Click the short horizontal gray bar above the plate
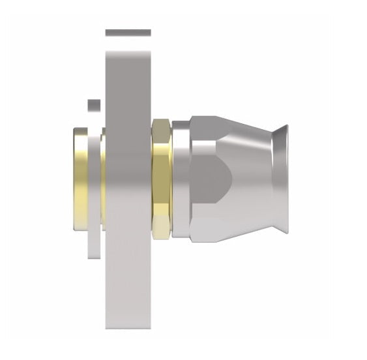click(x=128, y=33)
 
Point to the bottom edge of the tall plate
click(x=128, y=327)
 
